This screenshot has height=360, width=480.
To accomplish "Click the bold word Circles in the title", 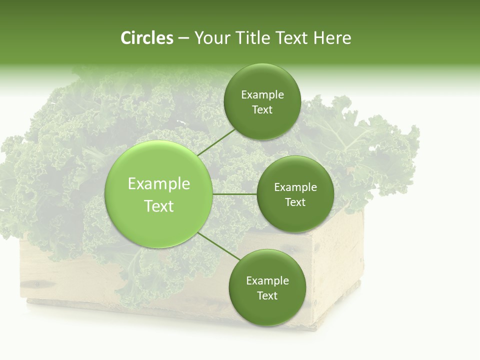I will coord(146,38).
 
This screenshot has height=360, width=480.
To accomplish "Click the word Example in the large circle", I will coord(159,184).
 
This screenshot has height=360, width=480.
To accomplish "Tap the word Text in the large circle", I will coord(159,206).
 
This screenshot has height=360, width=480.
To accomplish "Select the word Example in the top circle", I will coord(262,95).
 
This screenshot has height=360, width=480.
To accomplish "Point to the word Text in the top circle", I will coord(262,110).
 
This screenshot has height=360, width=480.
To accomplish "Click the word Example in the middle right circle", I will coord(295,187).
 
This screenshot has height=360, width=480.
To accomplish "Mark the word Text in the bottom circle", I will coord(267,296).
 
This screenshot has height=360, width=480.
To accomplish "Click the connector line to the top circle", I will coord(216,142).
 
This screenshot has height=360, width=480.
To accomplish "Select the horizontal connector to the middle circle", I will coord(234,194).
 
